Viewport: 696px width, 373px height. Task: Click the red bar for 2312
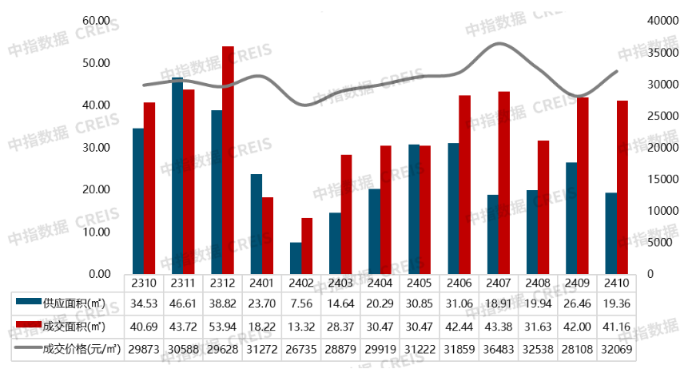coord(228,160)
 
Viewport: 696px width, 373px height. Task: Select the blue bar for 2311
coord(177,176)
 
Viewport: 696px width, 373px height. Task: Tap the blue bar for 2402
coord(296,258)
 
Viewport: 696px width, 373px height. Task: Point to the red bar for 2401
coord(268,235)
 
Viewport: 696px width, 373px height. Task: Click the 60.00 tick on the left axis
coord(97,20)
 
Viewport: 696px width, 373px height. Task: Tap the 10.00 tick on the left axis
coord(97,232)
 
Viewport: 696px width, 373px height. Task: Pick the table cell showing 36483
coord(499,351)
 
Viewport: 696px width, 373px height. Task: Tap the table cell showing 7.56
coord(301,300)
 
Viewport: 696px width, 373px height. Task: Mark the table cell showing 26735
coord(301,351)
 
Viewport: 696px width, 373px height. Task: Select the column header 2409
coord(577,282)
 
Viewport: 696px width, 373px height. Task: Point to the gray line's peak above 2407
coord(499,43)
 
